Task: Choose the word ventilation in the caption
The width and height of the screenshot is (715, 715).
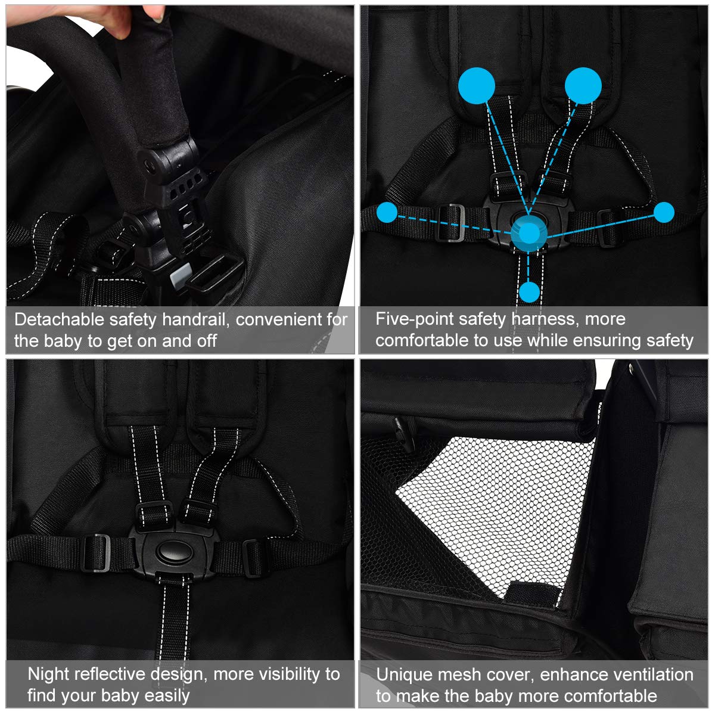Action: click(x=654, y=674)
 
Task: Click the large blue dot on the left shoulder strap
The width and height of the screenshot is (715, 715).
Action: click(x=477, y=86)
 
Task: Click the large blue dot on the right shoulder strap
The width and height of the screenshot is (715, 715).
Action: click(x=583, y=86)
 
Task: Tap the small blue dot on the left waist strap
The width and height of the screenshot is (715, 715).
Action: click(x=387, y=212)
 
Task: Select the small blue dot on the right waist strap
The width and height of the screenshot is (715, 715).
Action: click(x=664, y=213)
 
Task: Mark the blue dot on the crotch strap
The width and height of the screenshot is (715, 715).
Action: click(x=530, y=292)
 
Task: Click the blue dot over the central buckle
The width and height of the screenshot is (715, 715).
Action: click(x=529, y=234)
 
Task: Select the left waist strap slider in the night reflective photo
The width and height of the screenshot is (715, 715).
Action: click(x=97, y=553)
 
